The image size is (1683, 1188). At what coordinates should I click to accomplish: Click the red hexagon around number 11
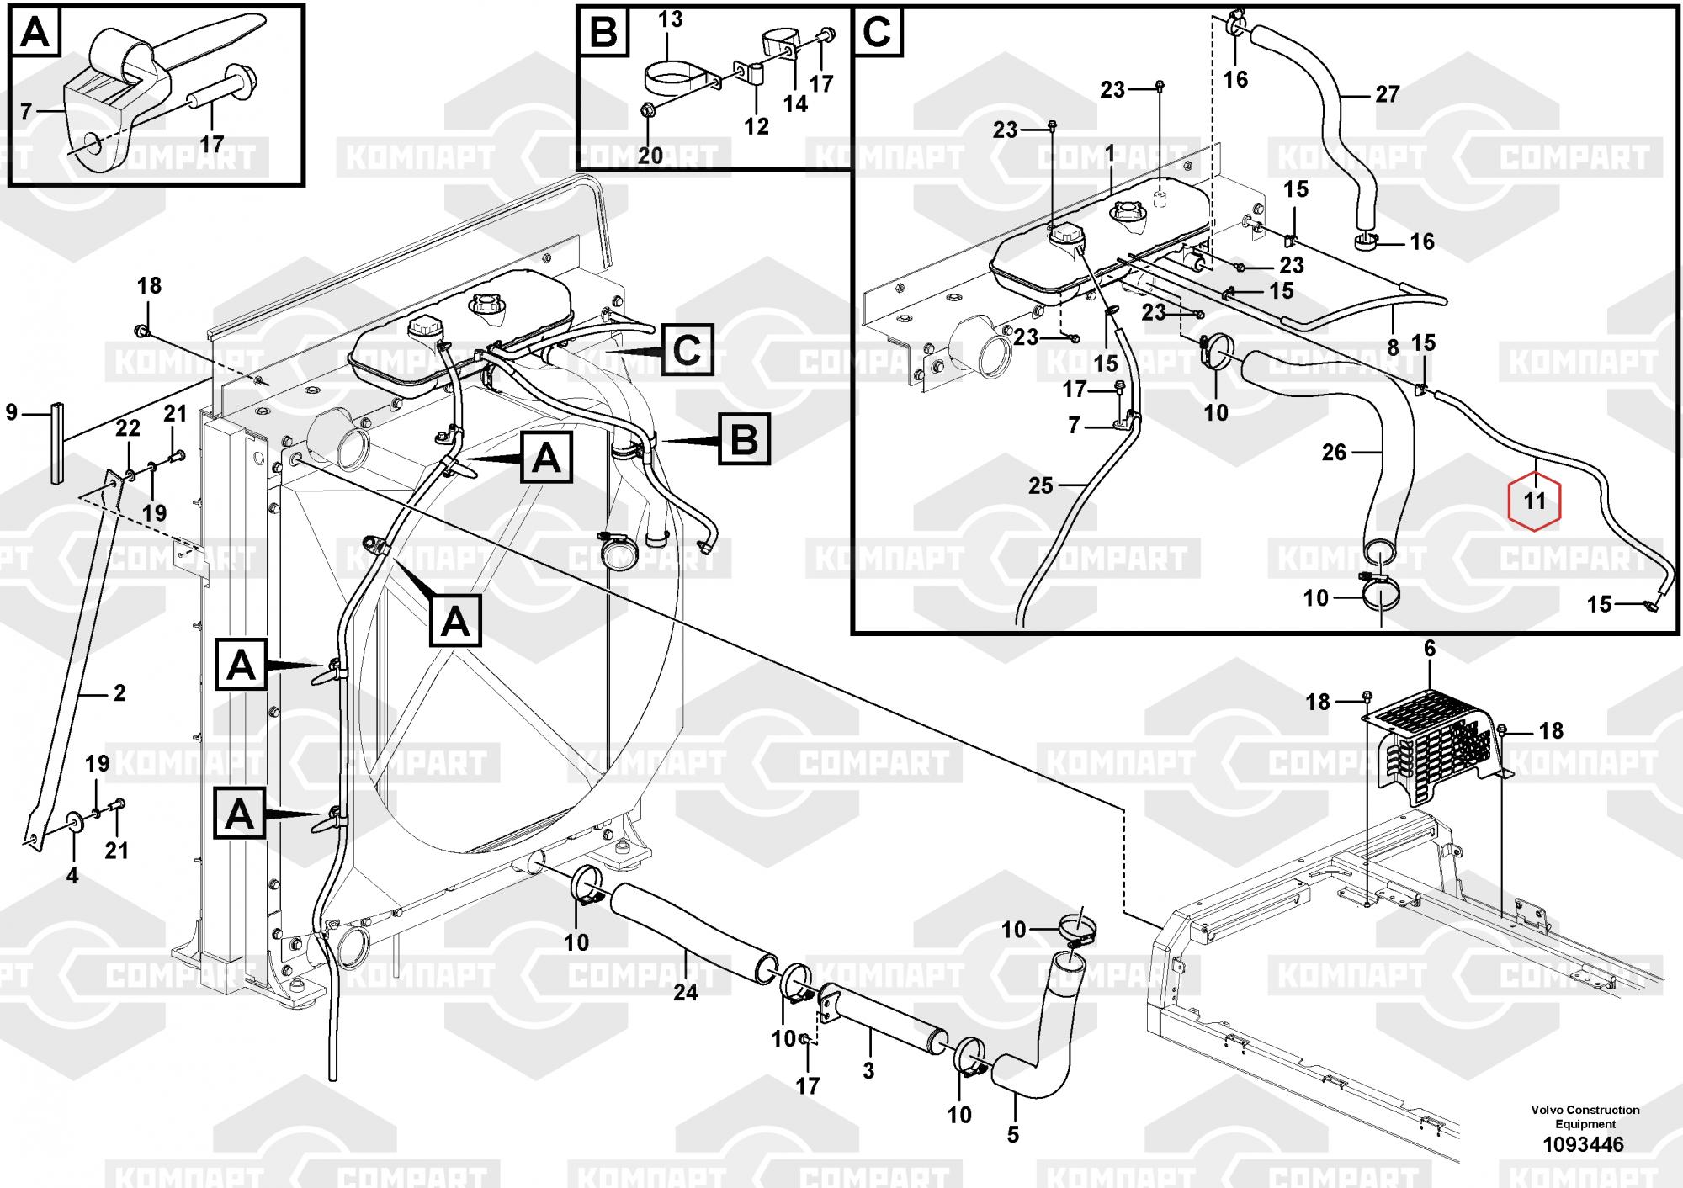point(1535,501)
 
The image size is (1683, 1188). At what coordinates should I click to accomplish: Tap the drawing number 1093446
point(1583,1144)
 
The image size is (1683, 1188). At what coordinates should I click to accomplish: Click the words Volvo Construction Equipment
point(1585,1116)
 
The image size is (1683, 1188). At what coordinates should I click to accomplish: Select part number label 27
point(1387,94)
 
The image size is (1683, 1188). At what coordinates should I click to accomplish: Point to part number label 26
point(1334,453)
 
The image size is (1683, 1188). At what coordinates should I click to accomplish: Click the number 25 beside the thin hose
point(1041,485)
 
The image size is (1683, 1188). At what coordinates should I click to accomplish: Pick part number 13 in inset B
point(670,19)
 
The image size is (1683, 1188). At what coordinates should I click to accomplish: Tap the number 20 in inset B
point(650,155)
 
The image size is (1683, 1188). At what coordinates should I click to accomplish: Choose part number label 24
point(685,993)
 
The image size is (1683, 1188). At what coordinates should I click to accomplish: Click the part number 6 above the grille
point(1429,649)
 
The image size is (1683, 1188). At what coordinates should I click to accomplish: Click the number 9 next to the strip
point(11,413)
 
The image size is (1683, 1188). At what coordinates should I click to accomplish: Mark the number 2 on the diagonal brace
point(119,692)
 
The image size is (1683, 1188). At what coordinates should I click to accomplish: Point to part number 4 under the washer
point(72,876)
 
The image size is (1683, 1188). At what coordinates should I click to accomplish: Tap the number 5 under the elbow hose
point(1012,1134)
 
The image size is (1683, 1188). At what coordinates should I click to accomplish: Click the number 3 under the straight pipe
point(868,1071)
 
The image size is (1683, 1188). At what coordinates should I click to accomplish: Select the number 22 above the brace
point(128,428)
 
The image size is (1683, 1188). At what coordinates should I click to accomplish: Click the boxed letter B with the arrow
point(744,440)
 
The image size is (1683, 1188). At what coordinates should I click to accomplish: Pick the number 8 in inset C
point(1393,346)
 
